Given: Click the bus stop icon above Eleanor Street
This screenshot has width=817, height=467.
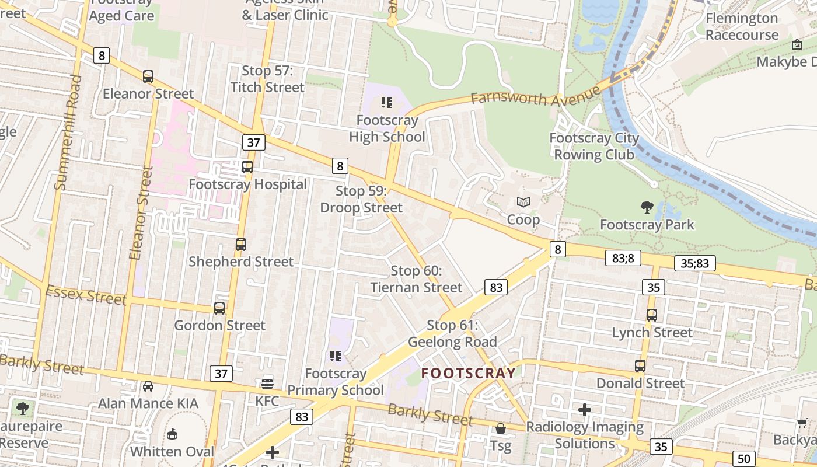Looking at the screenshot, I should pyautogui.click(x=148, y=76).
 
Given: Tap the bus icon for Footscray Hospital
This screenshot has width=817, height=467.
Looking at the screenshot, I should pyautogui.click(x=247, y=167).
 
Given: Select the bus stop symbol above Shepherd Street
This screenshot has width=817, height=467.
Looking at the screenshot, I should pyautogui.click(x=241, y=245).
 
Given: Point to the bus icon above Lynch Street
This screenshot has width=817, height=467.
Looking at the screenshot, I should pyautogui.click(x=652, y=315).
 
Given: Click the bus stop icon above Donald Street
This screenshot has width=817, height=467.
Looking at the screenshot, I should pyautogui.click(x=640, y=366).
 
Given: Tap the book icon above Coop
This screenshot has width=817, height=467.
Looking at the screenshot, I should pyautogui.click(x=523, y=203).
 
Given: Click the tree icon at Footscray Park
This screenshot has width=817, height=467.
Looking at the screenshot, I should pyautogui.click(x=647, y=207).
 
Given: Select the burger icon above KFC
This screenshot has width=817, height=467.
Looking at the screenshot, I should pyautogui.click(x=267, y=384).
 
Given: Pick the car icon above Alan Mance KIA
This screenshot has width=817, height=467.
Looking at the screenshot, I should pyautogui.click(x=148, y=386).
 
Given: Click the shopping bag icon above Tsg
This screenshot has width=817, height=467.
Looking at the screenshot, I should pyautogui.click(x=500, y=429).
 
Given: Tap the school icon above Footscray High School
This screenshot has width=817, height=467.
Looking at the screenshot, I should pyautogui.click(x=386, y=103).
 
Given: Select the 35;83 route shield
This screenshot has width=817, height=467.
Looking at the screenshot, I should pyautogui.click(x=694, y=263).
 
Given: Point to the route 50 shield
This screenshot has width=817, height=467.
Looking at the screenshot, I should pyautogui.click(x=743, y=458).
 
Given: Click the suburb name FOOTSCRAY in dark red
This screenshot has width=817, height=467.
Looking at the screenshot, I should pyautogui.click(x=469, y=373).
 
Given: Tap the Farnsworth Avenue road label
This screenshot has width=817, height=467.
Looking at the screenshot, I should pyautogui.click(x=535, y=96).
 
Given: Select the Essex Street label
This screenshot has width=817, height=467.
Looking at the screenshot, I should pyautogui.click(x=86, y=295).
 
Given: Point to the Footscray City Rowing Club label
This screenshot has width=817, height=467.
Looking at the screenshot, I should pyautogui.click(x=594, y=147).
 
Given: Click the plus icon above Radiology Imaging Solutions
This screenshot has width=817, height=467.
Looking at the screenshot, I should pyautogui.click(x=585, y=410).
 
